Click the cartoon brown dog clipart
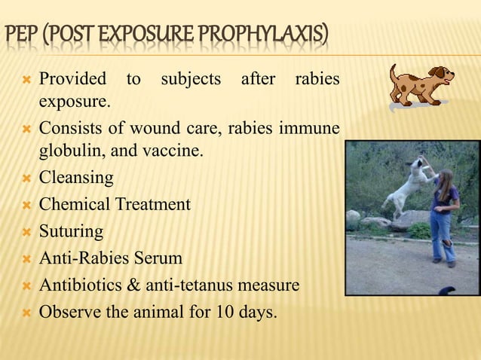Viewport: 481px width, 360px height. pyautogui.click(x=421, y=84)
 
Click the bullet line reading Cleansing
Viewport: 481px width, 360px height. pyautogui.click(x=76, y=178)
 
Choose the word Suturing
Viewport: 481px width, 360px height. pyautogui.click(x=71, y=231)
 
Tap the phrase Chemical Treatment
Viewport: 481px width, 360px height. pyautogui.click(x=115, y=204)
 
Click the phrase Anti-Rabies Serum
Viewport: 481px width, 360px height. pyautogui.click(x=111, y=258)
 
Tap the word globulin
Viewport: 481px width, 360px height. pyautogui.click(x=69, y=151)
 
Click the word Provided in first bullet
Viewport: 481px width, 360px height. pyautogui.click(x=72, y=79)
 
